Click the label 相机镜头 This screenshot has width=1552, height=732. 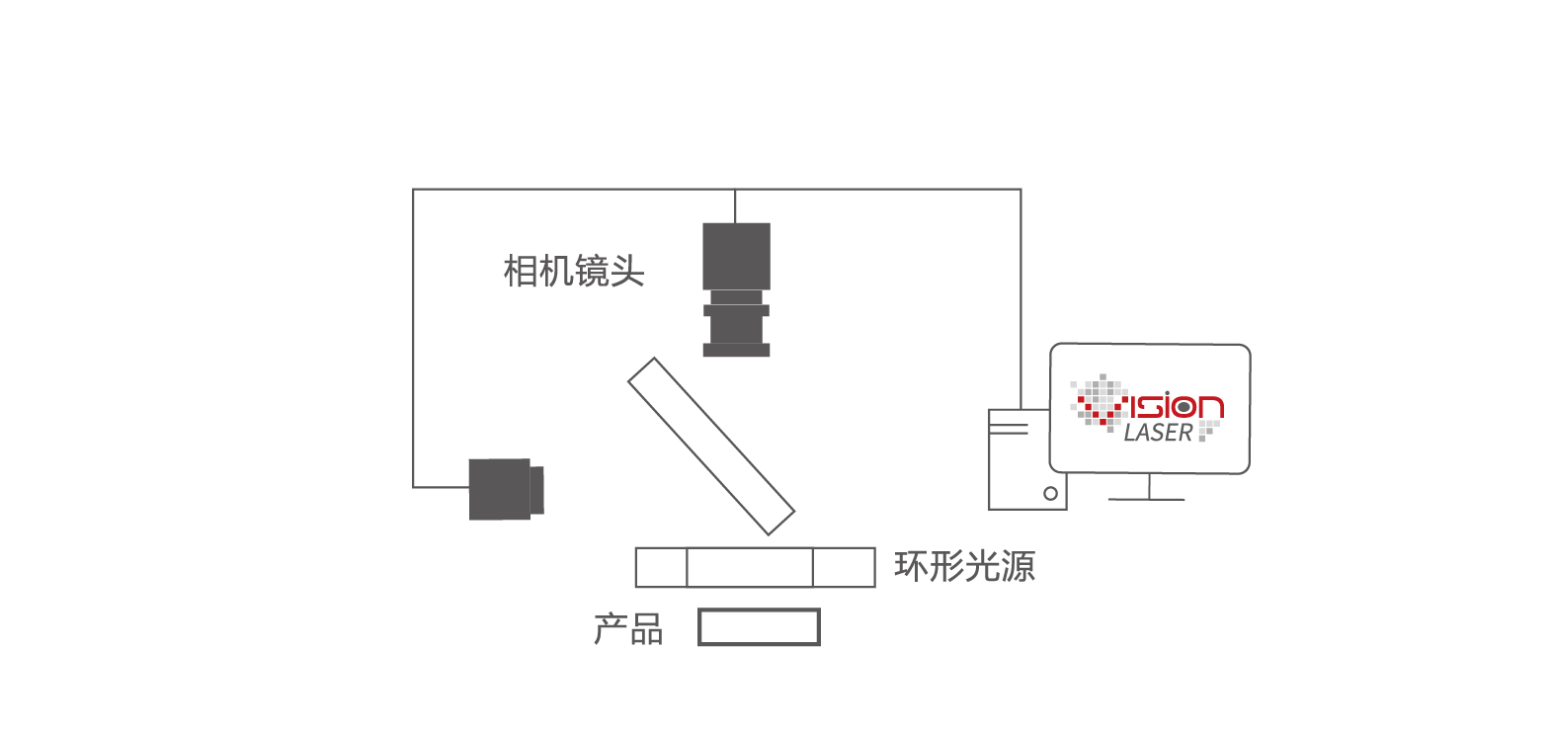click(x=574, y=271)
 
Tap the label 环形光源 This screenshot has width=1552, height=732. click(x=964, y=566)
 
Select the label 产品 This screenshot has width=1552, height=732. click(x=628, y=629)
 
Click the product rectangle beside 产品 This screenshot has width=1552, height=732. click(x=759, y=627)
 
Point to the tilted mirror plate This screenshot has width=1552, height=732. click(x=711, y=447)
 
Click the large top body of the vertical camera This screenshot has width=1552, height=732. click(x=737, y=256)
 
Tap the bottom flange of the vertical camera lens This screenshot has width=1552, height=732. click(x=737, y=350)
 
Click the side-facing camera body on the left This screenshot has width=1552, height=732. click(x=500, y=489)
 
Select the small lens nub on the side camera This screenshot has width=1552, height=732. click(x=537, y=490)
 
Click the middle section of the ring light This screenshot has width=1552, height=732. click(x=750, y=568)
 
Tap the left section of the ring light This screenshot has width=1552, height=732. click(x=661, y=568)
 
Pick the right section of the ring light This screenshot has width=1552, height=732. click(x=844, y=568)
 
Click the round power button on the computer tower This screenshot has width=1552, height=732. click(x=1050, y=494)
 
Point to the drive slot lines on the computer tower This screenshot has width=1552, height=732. click(x=1008, y=428)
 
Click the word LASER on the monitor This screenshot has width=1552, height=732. click(x=1158, y=432)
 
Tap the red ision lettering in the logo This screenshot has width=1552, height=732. click(x=1173, y=406)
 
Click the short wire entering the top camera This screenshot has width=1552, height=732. click(x=735, y=206)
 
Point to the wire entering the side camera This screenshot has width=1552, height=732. click(x=442, y=487)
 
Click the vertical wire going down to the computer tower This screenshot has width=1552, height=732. click(x=1021, y=299)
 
